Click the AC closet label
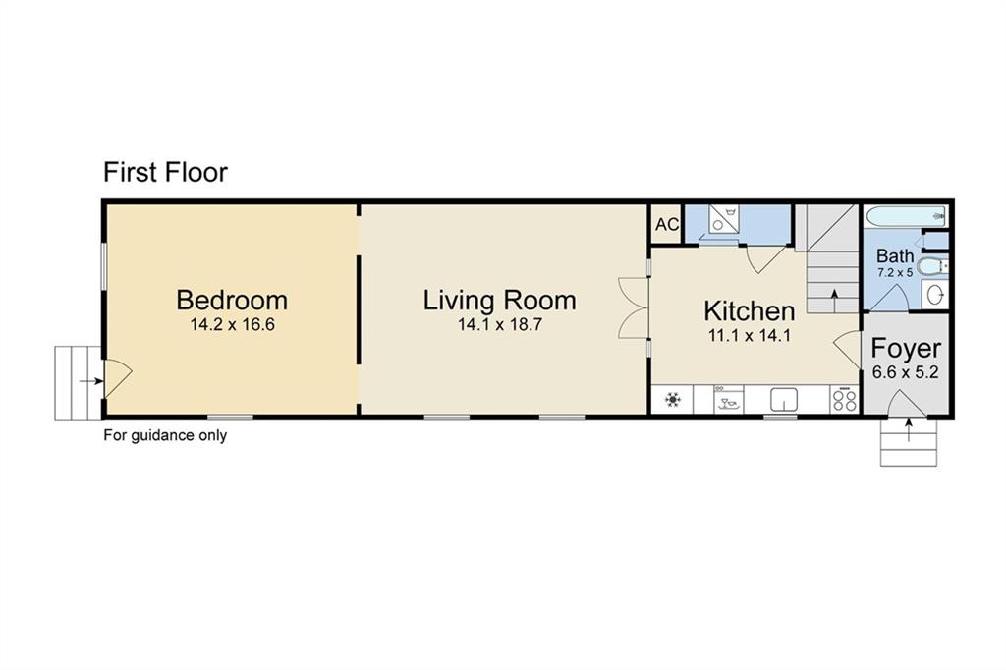click(667, 225)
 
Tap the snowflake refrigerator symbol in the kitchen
click(672, 400)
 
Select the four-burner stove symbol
click(844, 400)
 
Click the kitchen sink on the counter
click(783, 399)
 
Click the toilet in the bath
click(931, 265)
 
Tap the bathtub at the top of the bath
click(905, 216)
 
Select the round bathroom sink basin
click(936, 295)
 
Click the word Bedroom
click(232, 301)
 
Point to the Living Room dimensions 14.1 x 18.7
click(500, 325)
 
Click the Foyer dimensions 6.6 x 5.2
click(905, 372)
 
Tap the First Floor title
click(165, 172)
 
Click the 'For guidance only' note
click(165, 435)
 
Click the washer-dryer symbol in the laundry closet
click(724, 218)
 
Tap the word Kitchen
click(749, 310)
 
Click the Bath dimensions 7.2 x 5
click(895, 273)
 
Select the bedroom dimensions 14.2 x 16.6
click(232, 325)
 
